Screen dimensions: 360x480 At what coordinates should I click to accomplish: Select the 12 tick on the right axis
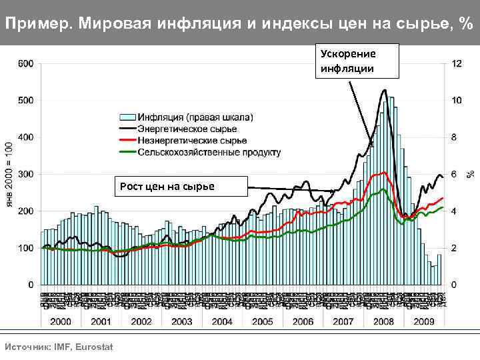tap(457, 64)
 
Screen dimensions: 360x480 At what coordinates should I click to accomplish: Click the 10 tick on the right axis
tap(457, 101)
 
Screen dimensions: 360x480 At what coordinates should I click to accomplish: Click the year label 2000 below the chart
tap(61, 321)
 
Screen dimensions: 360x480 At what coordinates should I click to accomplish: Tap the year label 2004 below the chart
tap(221, 321)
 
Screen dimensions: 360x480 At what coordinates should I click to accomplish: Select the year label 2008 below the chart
tap(383, 321)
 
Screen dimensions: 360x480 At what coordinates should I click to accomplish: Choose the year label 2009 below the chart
tap(423, 321)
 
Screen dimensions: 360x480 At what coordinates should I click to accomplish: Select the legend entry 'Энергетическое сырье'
tap(187, 129)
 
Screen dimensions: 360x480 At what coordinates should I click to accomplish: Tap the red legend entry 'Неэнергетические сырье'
tap(192, 141)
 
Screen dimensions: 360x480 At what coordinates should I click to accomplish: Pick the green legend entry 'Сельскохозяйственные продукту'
tap(209, 152)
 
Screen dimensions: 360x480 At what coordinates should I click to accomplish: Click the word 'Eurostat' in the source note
tap(94, 347)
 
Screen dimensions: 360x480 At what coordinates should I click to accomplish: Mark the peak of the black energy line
tap(384, 90)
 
